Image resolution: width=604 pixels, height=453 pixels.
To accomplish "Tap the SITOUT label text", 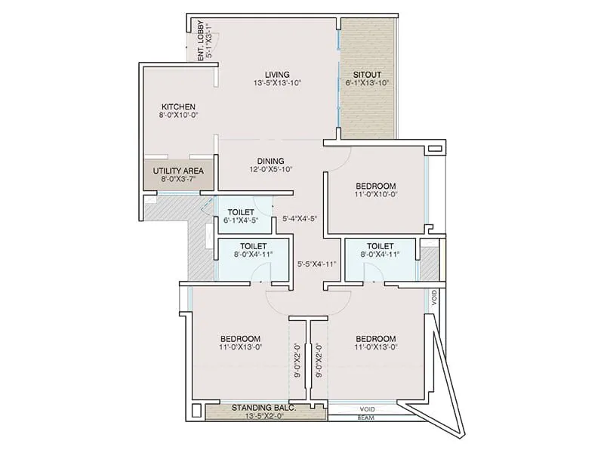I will click(x=366, y=74).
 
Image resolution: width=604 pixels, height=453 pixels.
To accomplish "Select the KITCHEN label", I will click(x=178, y=106).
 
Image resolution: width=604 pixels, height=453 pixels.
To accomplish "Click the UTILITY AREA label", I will click(x=178, y=171).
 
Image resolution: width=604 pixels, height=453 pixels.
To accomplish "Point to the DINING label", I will click(x=270, y=161).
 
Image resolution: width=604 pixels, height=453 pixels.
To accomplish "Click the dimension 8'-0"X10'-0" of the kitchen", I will click(x=178, y=116).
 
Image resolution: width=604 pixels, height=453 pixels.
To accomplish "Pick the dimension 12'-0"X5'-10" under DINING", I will click(x=270, y=170).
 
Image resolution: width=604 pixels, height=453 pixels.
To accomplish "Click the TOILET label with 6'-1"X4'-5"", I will click(x=242, y=211).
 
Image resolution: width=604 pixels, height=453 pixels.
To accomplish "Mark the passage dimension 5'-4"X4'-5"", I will click(x=299, y=219).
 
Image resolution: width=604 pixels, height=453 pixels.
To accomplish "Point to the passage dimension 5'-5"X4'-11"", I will click(x=316, y=264).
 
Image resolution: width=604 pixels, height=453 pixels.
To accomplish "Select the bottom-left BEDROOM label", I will click(x=240, y=337).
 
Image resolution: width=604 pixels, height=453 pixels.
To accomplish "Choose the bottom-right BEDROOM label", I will click(x=375, y=337).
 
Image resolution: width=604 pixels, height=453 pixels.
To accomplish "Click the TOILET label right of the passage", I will click(x=380, y=246).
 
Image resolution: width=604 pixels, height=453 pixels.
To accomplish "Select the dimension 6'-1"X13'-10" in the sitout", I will click(x=366, y=83).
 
